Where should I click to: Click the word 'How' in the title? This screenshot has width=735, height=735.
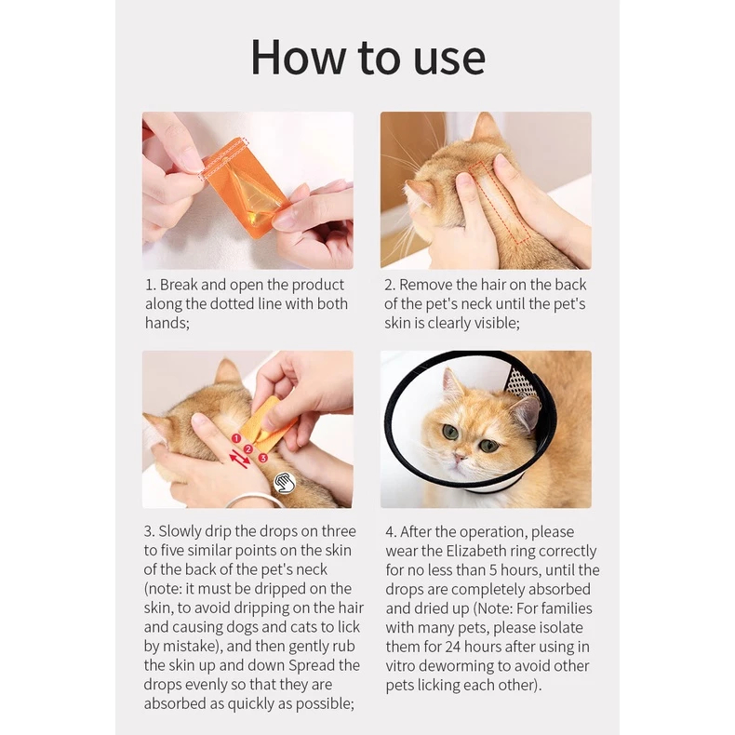tap(297, 58)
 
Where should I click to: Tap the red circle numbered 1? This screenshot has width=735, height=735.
tap(236, 438)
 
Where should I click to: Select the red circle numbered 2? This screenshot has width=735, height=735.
tap(248, 449)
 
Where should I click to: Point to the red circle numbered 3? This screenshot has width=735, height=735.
tap(262, 458)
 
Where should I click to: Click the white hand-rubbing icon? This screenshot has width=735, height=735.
tap(285, 482)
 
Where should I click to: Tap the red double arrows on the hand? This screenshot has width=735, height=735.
tap(239, 459)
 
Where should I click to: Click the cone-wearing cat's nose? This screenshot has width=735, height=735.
tap(459, 457)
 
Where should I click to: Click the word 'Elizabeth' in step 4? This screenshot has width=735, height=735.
tap(476, 551)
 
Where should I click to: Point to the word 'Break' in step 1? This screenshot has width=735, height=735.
tap(179, 285)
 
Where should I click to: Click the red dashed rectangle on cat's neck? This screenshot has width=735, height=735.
tap(500, 203)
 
